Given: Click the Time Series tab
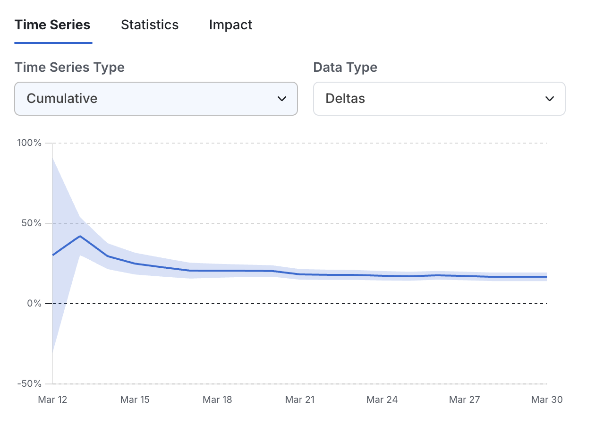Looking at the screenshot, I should pyautogui.click(x=52, y=25).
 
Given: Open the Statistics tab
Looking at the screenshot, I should pyautogui.click(x=150, y=25).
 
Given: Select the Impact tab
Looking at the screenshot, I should pyautogui.click(x=230, y=25).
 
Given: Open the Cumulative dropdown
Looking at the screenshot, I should pyautogui.click(x=156, y=99).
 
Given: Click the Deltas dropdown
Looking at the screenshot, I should pyautogui.click(x=439, y=99).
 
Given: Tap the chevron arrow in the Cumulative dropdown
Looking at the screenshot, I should pyautogui.click(x=282, y=99).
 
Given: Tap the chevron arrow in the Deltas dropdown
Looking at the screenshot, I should pyautogui.click(x=549, y=99).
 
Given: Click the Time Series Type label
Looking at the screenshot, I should pyautogui.click(x=69, y=67).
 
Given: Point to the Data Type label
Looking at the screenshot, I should pyautogui.click(x=345, y=67).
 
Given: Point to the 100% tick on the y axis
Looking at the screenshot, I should pyautogui.click(x=30, y=143).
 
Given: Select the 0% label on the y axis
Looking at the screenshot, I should pyautogui.click(x=34, y=303).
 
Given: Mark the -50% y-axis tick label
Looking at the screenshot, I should pyautogui.click(x=30, y=383).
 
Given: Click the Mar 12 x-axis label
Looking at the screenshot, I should pyautogui.click(x=52, y=400).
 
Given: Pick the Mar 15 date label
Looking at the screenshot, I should pyautogui.click(x=135, y=400).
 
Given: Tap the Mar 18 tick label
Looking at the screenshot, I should pyautogui.click(x=217, y=400).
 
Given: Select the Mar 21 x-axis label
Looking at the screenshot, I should pyautogui.click(x=300, y=400).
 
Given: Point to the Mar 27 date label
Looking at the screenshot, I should pyautogui.click(x=464, y=400).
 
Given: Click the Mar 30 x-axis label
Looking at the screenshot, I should pyautogui.click(x=546, y=400).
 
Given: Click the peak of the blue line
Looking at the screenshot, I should pyautogui.click(x=80, y=236).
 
